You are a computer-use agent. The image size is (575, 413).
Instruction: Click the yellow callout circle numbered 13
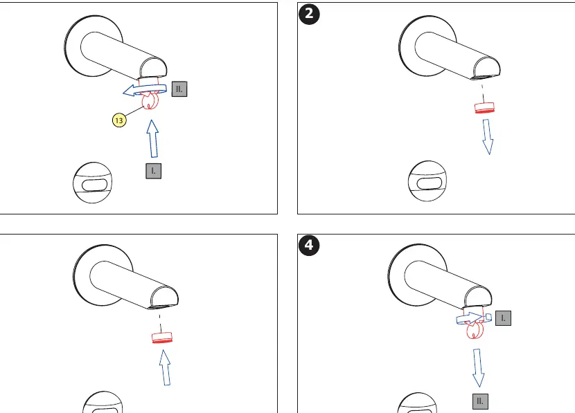(119, 120)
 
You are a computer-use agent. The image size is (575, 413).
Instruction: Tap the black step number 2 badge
(309, 15)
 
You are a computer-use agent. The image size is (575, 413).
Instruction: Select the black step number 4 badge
(309, 245)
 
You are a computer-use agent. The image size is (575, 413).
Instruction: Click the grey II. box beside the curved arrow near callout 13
(179, 89)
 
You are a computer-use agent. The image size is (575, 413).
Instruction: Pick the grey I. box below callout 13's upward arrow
(153, 171)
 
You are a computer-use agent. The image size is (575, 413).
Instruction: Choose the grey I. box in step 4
(503, 318)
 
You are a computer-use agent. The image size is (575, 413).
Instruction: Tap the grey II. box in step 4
(480, 401)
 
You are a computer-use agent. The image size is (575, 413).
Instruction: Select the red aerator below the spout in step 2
(484, 108)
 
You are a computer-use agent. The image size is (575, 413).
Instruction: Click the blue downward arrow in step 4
(478, 368)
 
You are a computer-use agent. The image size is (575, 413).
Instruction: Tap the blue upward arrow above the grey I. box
(152, 139)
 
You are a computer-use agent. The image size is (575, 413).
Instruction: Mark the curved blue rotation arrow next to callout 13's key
(144, 89)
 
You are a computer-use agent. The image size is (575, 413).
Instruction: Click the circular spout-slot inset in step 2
(427, 181)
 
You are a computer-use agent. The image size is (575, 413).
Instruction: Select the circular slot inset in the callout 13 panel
(92, 183)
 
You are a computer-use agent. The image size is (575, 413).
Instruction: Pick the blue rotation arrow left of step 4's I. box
(474, 318)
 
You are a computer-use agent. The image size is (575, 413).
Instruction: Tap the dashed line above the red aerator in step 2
(483, 93)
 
